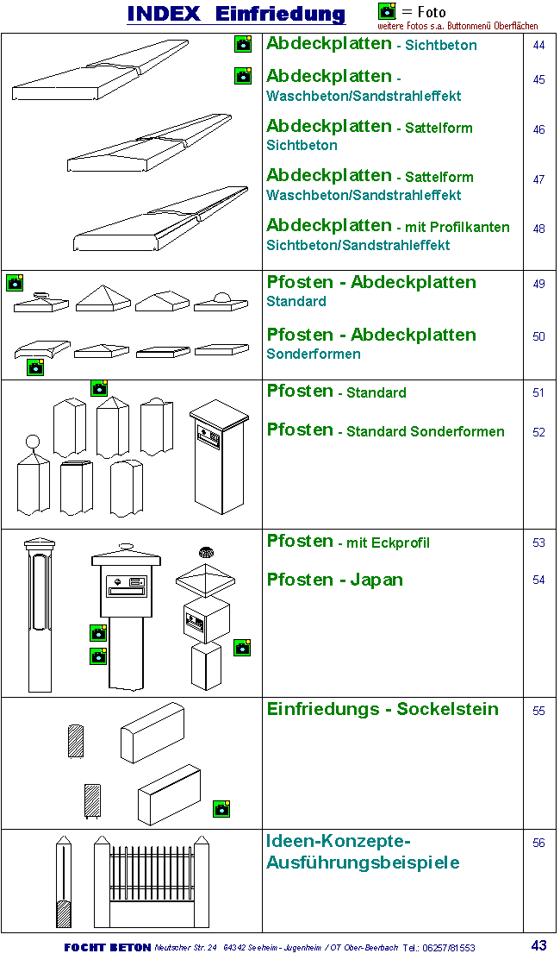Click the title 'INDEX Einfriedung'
236,14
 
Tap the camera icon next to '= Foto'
387,11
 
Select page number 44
538,45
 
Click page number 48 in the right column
538,229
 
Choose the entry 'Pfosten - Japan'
334,580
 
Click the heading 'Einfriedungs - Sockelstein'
383,709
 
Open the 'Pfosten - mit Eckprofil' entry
348,542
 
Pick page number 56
538,843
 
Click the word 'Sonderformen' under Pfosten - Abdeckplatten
314,354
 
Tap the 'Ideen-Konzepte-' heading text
339,841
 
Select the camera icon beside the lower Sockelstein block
221,808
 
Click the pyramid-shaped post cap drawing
103,298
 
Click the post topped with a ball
33,479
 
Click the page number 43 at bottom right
538,945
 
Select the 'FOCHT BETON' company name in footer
108,947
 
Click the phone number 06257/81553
448,948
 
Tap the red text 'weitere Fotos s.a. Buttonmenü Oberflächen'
457,26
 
